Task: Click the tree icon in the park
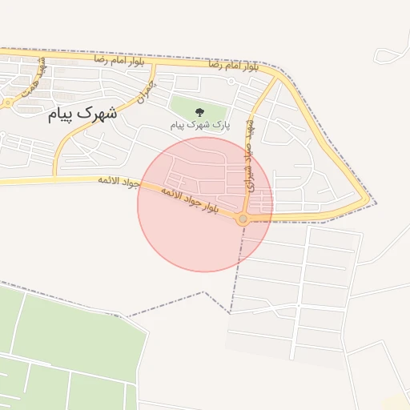(x=199, y=111)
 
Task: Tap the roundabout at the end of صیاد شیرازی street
(x=243, y=218)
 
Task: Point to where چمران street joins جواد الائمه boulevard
(x=54, y=175)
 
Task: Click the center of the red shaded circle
(x=205, y=204)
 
